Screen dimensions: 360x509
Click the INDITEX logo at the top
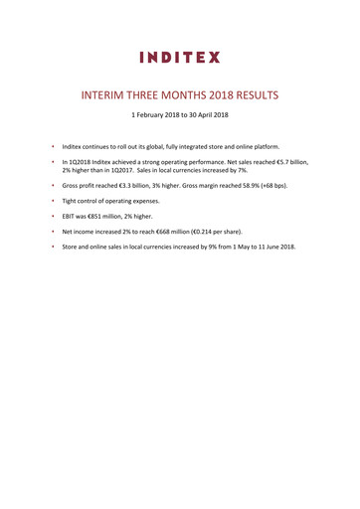[x=180, y=57]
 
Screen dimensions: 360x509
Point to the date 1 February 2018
[x=150, y=116]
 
